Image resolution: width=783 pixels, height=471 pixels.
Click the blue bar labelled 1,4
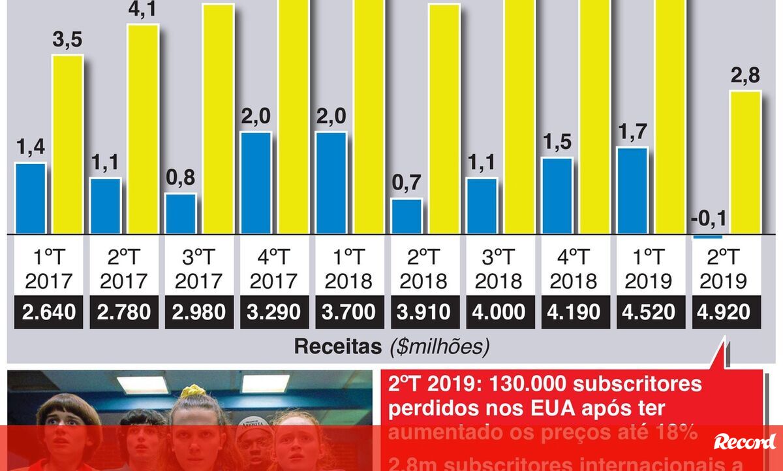click(30, 198)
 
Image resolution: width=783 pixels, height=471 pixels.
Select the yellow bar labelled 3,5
click(68, 144)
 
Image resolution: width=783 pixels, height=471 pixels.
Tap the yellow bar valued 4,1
click(143, 129)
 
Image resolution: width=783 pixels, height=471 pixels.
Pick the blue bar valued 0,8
click(180, 214)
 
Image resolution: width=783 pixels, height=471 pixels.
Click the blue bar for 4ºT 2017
click(256, 182)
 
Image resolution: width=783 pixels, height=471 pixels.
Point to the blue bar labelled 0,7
click(406, 216)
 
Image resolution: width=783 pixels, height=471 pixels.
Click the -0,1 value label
click(708, 218)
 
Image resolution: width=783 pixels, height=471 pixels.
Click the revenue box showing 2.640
click(49, 312)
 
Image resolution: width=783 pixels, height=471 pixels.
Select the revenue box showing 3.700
click(349, 312)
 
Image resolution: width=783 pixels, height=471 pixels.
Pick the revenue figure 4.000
click(499, 312)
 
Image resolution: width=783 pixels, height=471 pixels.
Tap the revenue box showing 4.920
click(723, 312)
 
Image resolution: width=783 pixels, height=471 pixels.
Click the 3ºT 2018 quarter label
click(499, 269)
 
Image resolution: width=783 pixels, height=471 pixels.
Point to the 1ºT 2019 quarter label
click(649, 269)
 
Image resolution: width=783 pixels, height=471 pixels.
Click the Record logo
click(745, 442)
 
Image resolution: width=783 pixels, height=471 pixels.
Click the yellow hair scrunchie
click(192, 391)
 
